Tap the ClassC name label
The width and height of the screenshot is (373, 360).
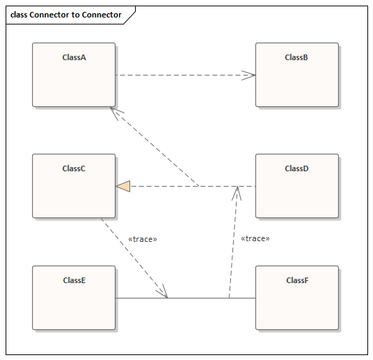[73, 168]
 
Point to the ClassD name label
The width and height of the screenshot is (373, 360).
[297, 168]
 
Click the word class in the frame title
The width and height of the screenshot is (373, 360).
[18, 15]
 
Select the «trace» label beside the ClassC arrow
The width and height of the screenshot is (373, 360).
[143, 239]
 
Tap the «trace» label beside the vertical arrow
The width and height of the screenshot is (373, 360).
[255, 238]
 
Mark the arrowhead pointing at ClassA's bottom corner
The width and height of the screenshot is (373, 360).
[116, 113]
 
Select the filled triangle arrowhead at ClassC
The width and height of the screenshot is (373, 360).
[123, 186]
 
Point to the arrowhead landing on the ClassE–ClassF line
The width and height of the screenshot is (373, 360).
[163, 291]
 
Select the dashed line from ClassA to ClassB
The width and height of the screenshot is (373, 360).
[182, 75]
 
